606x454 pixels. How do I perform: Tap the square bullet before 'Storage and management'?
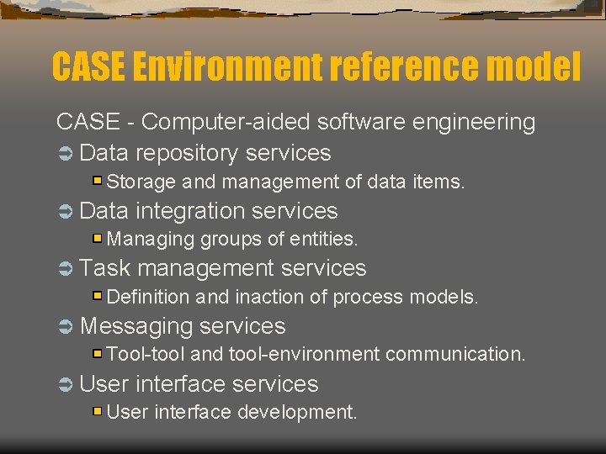[98, 180]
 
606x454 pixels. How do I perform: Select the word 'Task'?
[104, 268]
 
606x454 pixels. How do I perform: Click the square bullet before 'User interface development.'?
[98, 411]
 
